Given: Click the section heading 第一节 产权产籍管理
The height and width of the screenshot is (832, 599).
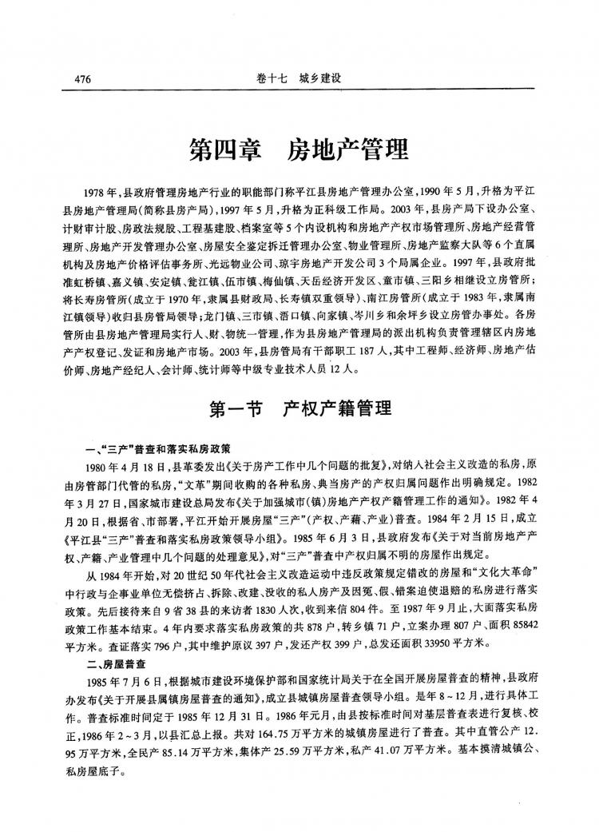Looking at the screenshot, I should click(299, 409).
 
